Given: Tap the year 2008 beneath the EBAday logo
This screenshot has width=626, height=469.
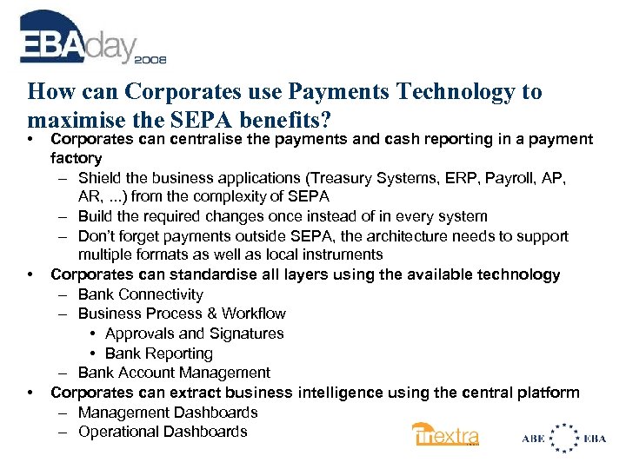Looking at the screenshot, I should point(150,60).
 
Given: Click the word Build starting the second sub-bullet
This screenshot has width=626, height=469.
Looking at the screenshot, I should point(96,216).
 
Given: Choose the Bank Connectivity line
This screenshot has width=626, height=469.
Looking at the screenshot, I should point(140,294).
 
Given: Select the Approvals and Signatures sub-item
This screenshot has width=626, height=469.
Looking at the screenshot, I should point(194,334).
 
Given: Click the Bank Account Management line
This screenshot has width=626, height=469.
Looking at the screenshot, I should point(174,373).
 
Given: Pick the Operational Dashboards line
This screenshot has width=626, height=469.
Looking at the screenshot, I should point(163,432).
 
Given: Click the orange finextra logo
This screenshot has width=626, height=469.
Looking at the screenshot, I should point(446,435).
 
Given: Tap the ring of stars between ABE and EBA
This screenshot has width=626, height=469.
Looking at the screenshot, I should point(567,438).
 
